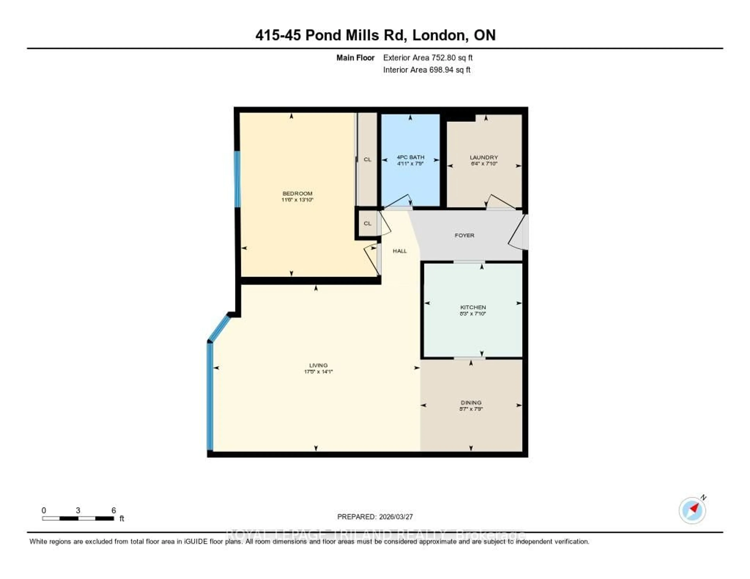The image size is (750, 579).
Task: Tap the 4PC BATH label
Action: pyautogui.click(x=410, y=157)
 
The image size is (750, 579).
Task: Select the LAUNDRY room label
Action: pyautogui.click(x=484, y=157)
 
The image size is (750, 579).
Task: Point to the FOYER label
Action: pyautogui.click(x=464, y=235)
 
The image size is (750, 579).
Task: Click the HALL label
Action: pyautogui.click(x=400, y=251)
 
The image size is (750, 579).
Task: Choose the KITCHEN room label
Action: pyautogui.click(x=473, y=307)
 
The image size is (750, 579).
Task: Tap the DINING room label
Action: pyautogui.click(x=471, y=402)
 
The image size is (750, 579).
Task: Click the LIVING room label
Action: pyautogui.click(x=318, y=365)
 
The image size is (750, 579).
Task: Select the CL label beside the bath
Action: pyautogui.click(x=367, y=160)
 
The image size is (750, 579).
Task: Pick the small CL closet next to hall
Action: pyautogui.click(x=367, y=224)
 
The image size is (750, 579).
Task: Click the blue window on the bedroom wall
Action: pyautogui.click(x=237, y=179)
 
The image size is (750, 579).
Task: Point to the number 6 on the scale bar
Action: pyautogui.click(x=114, y=510)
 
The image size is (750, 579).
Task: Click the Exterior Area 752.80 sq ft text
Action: pyautogui.click(x=428, y=58)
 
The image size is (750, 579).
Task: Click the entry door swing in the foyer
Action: pyautogui.click(x=518, y=233)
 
